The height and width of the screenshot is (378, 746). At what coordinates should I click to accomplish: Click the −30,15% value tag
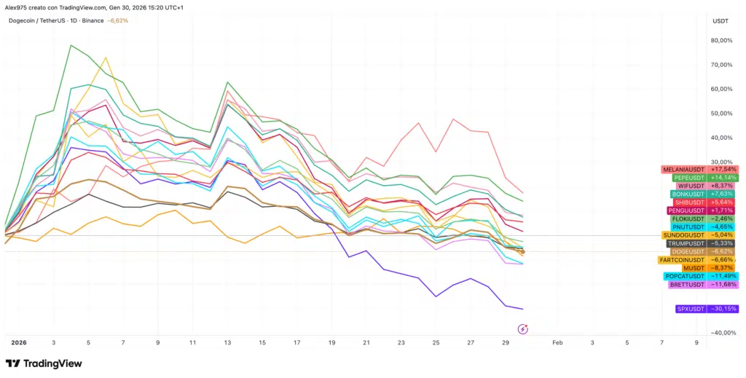723,309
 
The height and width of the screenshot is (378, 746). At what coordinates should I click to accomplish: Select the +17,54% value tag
723,169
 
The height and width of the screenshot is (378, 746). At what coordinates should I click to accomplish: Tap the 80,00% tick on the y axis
721,41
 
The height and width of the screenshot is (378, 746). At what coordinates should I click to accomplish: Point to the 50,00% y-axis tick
721,114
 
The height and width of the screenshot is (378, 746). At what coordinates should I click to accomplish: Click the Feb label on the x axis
557,342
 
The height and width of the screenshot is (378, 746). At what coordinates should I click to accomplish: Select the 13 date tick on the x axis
227,342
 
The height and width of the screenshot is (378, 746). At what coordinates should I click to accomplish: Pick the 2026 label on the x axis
18,342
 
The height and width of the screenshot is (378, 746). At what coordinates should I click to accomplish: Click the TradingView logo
44,363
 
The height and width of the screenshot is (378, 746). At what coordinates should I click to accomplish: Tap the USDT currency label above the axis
720,21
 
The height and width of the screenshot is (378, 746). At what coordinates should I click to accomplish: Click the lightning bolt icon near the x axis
522,328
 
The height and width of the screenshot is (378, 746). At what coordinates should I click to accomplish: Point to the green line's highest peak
71,45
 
